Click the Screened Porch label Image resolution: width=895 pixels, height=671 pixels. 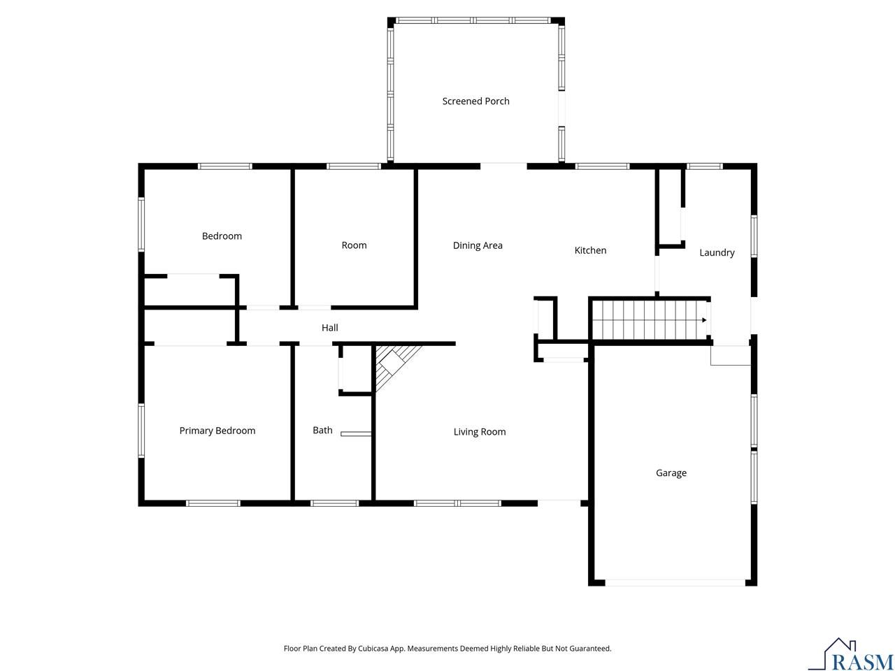475,101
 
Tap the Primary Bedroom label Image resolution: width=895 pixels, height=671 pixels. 217,431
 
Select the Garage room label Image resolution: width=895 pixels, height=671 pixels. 671,473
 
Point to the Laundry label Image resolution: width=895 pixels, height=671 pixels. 717,252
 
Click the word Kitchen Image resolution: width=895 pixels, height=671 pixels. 590,250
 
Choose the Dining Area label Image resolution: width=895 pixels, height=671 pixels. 478,245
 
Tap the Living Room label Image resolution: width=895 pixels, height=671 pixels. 479,432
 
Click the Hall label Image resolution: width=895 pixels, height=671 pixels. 329,328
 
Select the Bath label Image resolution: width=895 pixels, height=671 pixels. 322,431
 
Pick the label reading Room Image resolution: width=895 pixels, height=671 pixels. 354,245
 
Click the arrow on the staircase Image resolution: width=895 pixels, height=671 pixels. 704,320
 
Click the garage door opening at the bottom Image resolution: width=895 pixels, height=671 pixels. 675,582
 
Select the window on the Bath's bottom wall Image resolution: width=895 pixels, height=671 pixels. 334,503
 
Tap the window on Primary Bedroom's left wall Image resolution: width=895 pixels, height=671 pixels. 141,431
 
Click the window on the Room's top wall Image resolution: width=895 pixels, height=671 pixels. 354,166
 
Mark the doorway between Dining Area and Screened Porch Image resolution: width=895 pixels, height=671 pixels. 503,166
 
